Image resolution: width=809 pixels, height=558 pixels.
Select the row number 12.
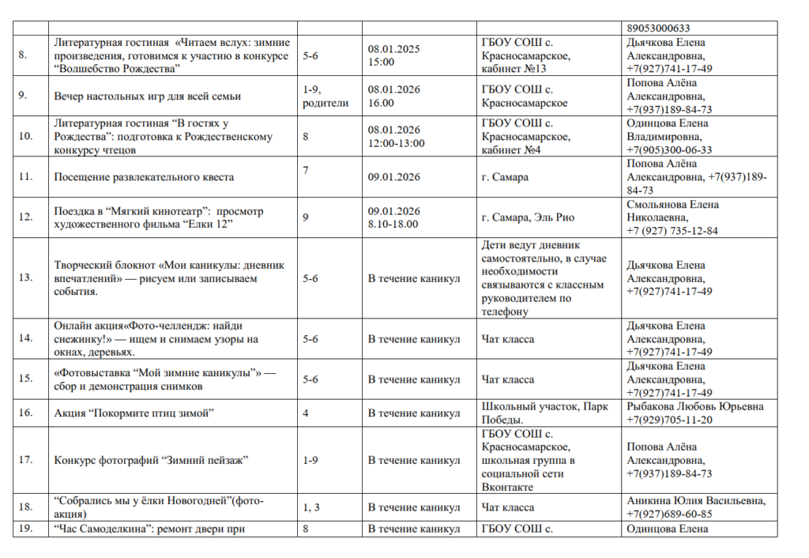point(24,217)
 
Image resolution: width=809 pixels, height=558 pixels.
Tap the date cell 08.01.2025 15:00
point(394,55)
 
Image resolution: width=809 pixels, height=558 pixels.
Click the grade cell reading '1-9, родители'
point(325,96)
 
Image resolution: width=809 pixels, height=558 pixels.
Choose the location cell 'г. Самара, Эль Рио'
point(528,217)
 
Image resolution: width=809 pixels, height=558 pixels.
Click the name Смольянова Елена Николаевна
point(673,210)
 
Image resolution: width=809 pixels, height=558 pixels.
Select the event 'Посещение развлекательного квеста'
point(144,177)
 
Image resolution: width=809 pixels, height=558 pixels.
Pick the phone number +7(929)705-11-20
point(669,420)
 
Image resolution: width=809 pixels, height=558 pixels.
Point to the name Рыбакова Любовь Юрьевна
point(695,407)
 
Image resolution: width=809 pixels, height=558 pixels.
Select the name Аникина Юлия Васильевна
point(696,501)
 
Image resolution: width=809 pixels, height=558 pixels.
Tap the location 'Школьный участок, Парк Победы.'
point(545,413)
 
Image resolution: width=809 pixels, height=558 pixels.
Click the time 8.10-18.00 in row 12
point(393,224)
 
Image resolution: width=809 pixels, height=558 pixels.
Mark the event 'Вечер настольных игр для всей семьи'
point(148,96)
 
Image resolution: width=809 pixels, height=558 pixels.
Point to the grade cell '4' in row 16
point(306,413)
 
